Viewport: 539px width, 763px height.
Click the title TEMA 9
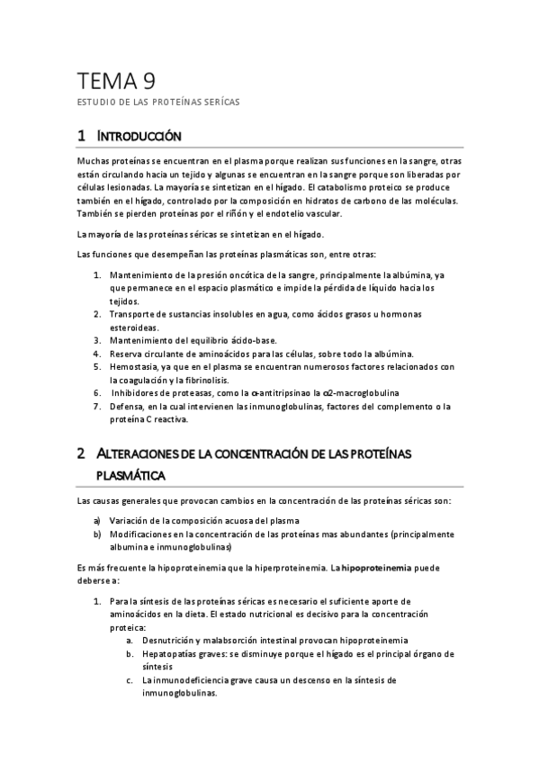(116, 83)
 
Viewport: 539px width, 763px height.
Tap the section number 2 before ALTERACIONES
(81, 454)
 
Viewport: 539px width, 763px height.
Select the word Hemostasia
(134, 367)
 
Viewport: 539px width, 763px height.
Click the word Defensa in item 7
(129, 407)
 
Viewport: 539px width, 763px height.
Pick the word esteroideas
(135, 327)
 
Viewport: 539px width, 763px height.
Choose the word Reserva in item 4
(126, 354)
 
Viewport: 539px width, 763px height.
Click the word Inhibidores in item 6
(137, 393)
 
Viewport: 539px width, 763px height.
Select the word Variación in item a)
(131, 520)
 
